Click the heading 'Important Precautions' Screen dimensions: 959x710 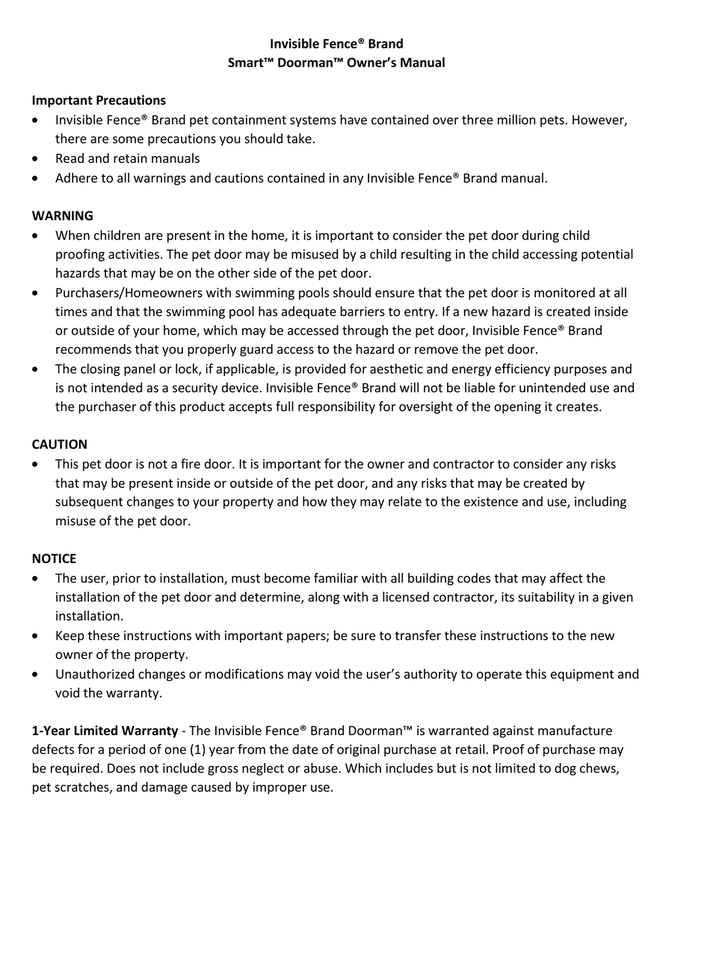(99, 100)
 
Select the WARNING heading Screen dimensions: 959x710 (62, 216)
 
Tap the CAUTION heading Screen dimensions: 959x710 (59, 444)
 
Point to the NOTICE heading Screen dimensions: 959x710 (54, 559)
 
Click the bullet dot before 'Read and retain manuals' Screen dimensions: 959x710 (35, 159)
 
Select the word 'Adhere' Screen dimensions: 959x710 (75, 179)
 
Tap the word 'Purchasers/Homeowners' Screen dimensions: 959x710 (129, 293)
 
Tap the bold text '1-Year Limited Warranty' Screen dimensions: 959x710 (105, 730)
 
